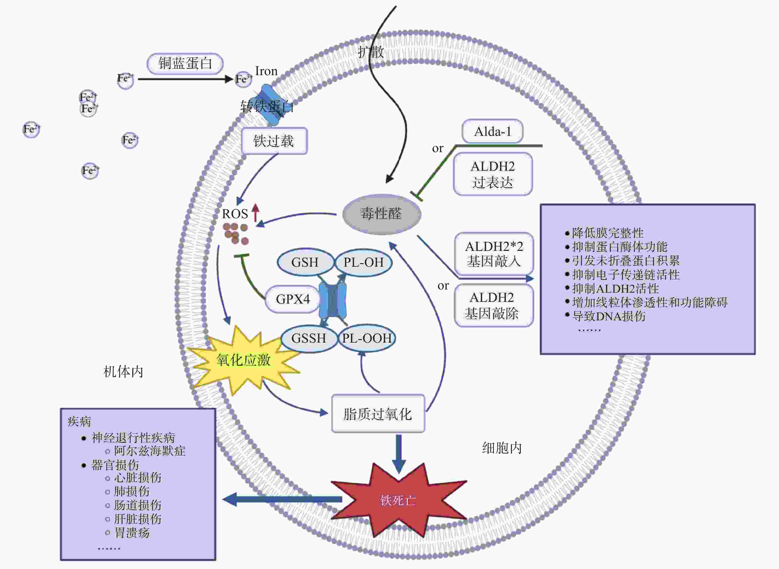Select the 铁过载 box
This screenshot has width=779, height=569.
(274, 141)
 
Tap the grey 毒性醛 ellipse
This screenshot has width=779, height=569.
(381, 214)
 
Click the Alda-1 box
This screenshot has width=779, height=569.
(492, 131)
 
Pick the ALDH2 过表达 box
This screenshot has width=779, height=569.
(493, 174)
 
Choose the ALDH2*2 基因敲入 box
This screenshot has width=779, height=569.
(494, 254)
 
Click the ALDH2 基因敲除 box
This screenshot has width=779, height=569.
(494, 305)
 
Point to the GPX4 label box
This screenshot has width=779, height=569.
(293, 299)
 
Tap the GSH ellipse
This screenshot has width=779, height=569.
(305, 262)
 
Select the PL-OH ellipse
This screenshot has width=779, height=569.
(363, 262)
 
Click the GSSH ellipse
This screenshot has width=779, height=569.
(309, 338)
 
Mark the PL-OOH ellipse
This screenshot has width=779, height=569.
(367, 338)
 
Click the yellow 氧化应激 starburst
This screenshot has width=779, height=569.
(243, 360)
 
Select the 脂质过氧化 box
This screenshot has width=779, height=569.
(378, 414)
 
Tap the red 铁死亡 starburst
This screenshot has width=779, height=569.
(398, 500)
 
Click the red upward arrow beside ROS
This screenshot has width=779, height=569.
(255, 213)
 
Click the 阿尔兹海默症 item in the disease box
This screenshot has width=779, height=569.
(150, 451)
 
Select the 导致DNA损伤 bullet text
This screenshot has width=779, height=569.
(608, 316)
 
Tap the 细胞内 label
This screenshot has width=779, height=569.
(502, 448)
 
